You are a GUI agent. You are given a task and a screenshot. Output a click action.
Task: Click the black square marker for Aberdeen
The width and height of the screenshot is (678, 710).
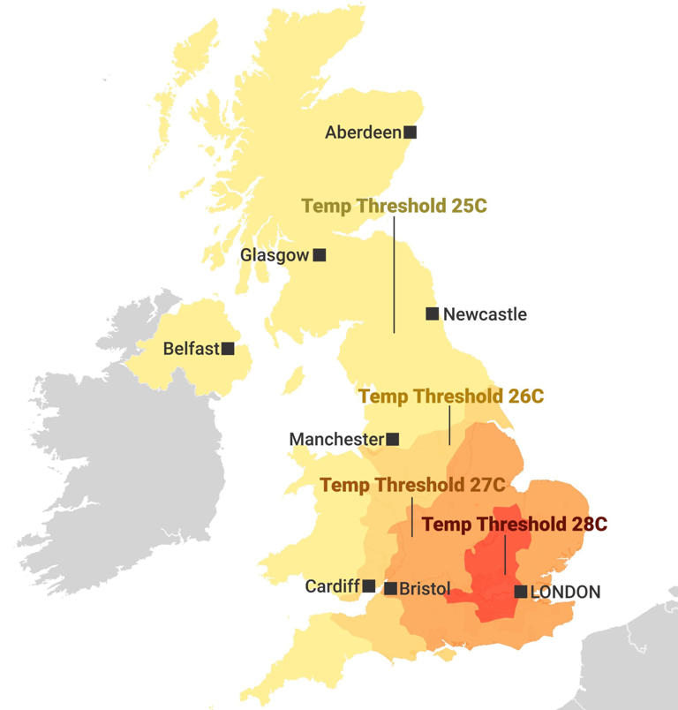click(411, 132)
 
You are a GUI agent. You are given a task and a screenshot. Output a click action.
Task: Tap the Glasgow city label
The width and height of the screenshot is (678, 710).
click(275, 255)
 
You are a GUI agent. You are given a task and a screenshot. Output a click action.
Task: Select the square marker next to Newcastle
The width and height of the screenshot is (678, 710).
click(432, 313)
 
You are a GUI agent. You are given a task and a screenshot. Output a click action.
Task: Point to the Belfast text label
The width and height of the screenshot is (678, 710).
click(191, 349)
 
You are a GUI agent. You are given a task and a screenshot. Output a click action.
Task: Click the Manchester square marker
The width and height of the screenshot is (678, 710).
click(393, 439)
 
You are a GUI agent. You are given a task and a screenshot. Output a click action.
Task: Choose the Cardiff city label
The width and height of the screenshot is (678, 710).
click(332, 586)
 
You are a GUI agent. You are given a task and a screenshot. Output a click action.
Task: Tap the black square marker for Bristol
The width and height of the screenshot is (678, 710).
click(390, 588)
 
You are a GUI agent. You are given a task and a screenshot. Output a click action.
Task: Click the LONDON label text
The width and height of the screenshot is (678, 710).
click(565, 592)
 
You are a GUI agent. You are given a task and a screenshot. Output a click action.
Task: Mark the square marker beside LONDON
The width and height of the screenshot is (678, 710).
click(521, 591)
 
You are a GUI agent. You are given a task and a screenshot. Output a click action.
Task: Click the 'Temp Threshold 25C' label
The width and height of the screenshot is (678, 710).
click(395, 206)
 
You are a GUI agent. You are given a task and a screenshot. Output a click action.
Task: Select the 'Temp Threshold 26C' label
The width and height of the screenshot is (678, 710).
click(451, 396)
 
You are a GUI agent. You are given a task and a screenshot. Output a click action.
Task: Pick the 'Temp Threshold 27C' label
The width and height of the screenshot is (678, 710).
click(412, 485)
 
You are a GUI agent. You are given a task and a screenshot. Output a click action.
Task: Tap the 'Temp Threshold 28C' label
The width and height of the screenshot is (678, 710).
click(514, 524)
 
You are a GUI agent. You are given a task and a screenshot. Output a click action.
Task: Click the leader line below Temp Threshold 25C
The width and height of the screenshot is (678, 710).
click(395, 274)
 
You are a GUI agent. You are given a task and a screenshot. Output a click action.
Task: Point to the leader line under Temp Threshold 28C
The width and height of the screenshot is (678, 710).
click(504, 556)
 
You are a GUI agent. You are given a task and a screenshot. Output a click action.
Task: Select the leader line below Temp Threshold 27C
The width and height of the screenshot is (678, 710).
click(412, 517)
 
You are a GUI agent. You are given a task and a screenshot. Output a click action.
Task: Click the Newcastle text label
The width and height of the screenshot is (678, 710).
click(485, 314)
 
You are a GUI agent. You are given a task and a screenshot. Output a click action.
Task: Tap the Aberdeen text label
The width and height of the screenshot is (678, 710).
click(363, 133)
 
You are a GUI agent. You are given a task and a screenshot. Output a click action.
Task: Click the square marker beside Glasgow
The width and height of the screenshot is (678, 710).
click(320, 255)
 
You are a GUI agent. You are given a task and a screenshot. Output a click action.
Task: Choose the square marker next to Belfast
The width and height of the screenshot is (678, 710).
click(228, 349)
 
